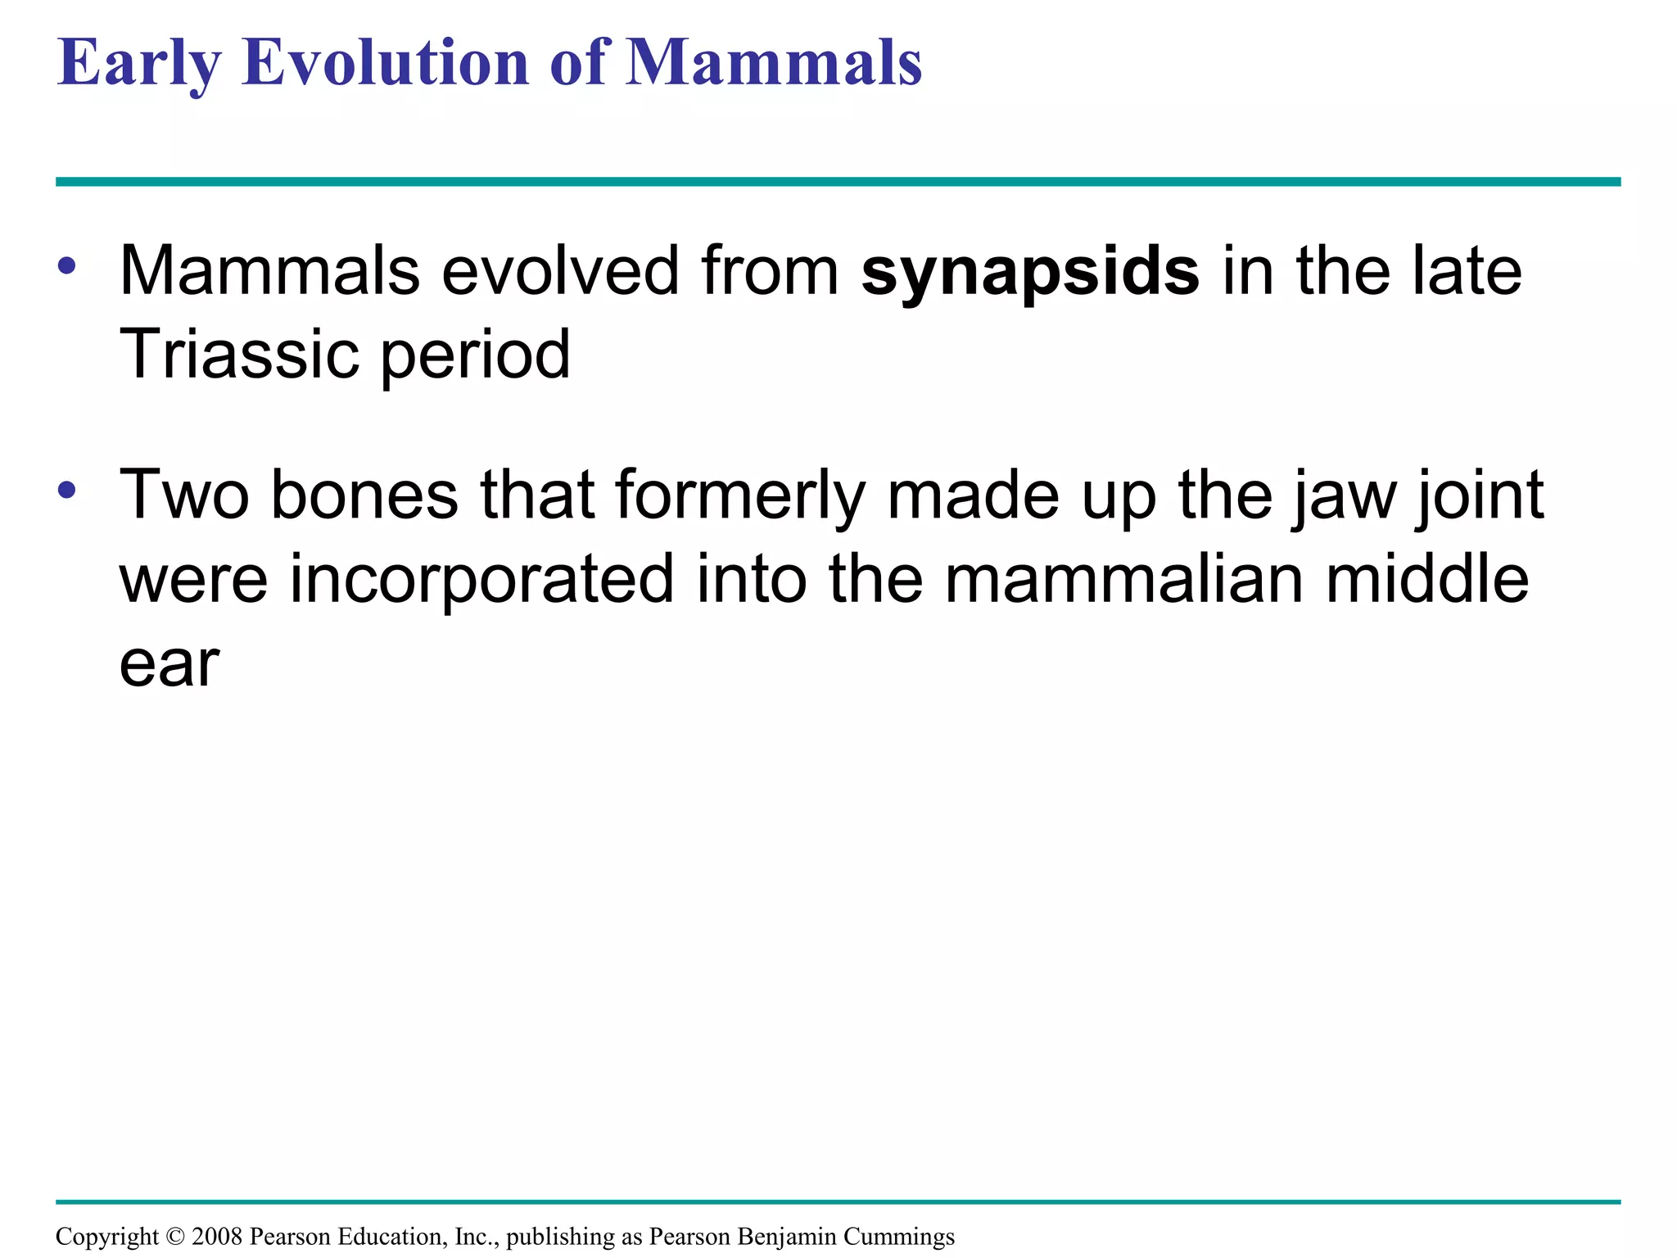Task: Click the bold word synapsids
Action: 1030,273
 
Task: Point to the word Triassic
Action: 238,355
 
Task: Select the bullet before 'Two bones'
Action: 67,490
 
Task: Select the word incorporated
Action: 481,580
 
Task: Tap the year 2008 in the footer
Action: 217,1236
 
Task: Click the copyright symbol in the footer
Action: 175,1236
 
